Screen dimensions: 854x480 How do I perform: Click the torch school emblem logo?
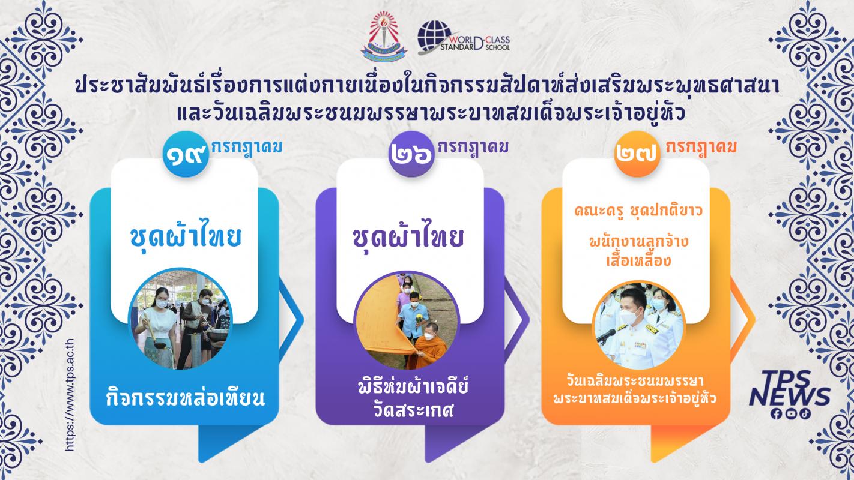[x=384, y=36]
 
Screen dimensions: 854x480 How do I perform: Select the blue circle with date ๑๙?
[x=186, y=154]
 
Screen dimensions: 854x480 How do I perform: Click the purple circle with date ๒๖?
[x=412, y=154]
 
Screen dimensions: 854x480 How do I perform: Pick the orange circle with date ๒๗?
[x=637, y=154]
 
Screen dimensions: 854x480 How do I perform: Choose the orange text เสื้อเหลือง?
[x=638, y=261]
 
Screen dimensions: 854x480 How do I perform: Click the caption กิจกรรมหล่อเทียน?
[x=186, y=397]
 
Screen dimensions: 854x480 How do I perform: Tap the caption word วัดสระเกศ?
[x=413, y=411]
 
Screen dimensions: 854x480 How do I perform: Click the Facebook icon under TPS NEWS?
[x=776, y=414]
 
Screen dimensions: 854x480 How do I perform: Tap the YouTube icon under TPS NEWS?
[x=790, y=414]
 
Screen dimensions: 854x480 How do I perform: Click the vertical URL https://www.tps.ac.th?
[x=70, y=395]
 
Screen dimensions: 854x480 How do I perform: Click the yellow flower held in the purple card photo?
[x=419, y=317]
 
